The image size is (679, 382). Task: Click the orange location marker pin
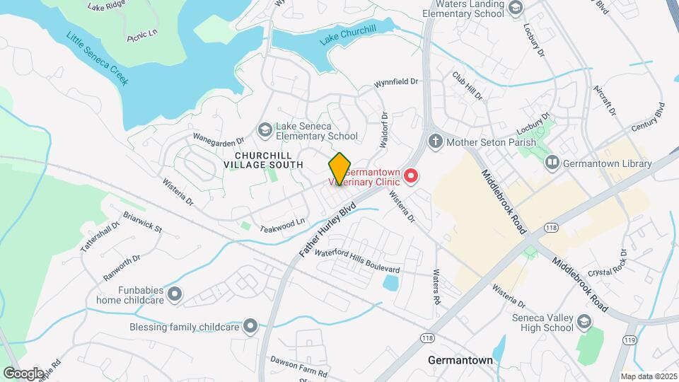pos(340,169)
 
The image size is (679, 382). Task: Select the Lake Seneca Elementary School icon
pos(265,129)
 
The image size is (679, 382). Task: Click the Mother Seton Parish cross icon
pos(435,140)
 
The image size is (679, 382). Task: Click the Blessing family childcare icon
pos(250,326)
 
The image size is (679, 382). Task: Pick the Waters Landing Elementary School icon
pos(516,7)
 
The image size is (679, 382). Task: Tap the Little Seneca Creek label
pos(98,59)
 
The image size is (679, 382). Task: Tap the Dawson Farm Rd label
pos(299,372)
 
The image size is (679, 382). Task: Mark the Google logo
pos(24,373)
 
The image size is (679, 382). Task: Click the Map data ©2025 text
pos(648,376)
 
